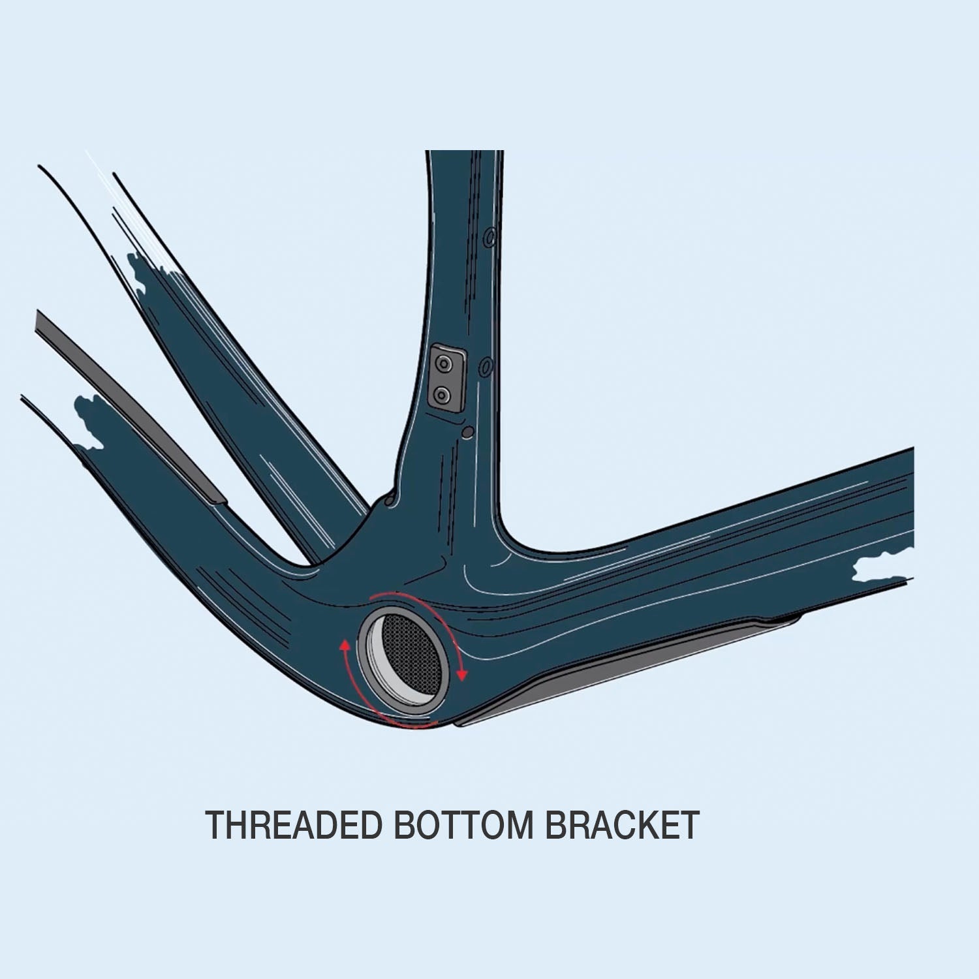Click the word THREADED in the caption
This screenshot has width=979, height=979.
tap(293, 825)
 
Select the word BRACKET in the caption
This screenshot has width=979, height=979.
tap(622, 825)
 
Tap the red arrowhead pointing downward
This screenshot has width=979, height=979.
tap(462, 675)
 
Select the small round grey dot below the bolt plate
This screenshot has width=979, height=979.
tap(466, 432)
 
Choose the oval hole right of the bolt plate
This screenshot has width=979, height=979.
tap(486, 367)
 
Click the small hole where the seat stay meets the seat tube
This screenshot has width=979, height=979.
tap(390, 501)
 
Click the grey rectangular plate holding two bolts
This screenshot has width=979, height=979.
tap(447, 379)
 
